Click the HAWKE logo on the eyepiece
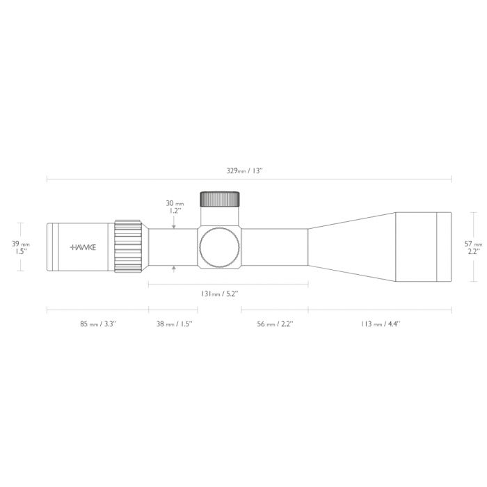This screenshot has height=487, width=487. click(x=83, y=247)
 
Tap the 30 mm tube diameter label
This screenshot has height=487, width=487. click(x=174, y=203)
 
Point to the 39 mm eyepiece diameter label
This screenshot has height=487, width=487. click(x=22, y=243)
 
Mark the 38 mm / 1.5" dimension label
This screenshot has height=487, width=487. click(x=173, y=324)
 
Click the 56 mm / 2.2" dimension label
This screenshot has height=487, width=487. click(x=275, y=324)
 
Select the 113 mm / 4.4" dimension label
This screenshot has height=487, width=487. click(x=380, y=324)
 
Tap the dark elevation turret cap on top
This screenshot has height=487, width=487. click(x=221, y=198)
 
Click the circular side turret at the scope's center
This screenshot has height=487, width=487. click(x=220, y=247)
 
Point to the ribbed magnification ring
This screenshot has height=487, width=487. click(x=129, y=247)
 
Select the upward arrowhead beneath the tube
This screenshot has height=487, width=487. click(x=173, y=269)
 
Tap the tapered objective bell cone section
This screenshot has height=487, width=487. click(x=351, y=247)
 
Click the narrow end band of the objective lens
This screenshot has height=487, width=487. click(x=444, y=247)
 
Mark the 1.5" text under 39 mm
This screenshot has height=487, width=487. click(x=21, y=252)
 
